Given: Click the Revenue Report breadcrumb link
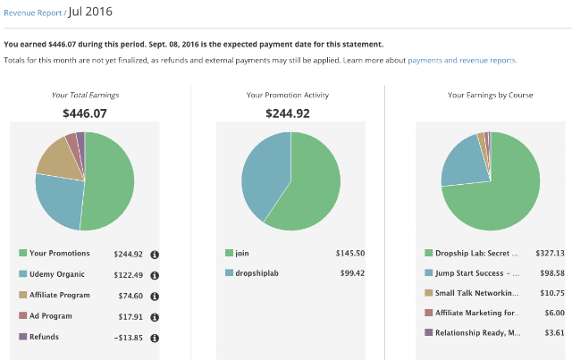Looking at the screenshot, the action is coord(33,13).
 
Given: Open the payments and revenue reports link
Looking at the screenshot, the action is coord(462,60).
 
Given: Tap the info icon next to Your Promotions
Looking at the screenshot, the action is coord(155,255).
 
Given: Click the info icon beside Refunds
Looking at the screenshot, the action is coord(155,339).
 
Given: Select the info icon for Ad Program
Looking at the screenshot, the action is coord(155,317).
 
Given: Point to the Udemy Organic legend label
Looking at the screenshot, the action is coord(57,274).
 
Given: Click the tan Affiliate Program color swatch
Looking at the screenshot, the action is coord(23,295).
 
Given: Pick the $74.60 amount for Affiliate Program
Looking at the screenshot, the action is coord(130,296).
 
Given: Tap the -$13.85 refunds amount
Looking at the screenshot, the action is coord(128,338).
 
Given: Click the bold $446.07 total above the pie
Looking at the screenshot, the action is coord(85,113).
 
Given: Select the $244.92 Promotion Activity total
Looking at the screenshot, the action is coord(288,113).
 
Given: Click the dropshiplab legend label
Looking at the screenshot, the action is coord(257,273).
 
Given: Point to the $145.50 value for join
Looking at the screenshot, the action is coord(350,253).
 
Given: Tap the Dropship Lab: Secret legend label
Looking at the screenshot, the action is coord(476,253).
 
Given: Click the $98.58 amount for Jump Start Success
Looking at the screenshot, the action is coord(552,273).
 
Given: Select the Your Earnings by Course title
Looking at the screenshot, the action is coord(491,96).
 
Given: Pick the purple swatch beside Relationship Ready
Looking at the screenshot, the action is coord(429,332).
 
